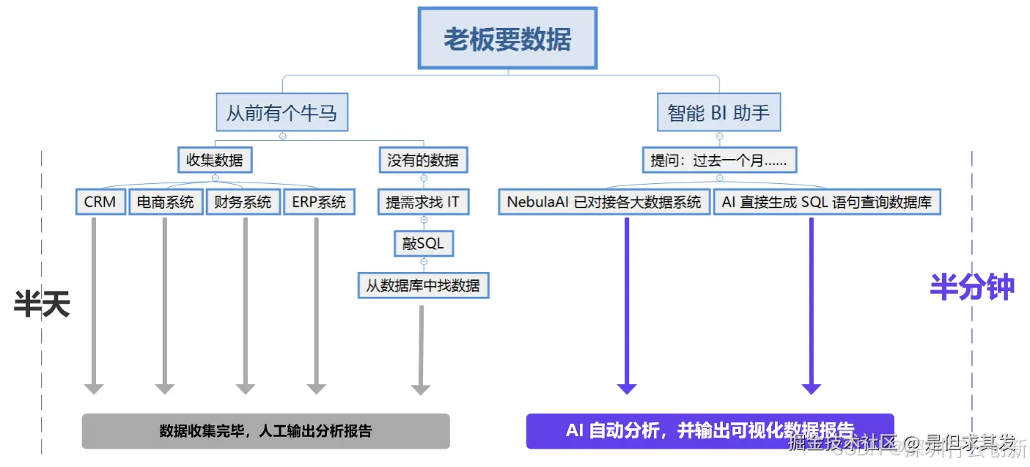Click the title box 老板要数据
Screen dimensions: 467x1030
[x=507, y=38]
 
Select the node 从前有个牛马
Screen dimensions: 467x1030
[x=282, y=114]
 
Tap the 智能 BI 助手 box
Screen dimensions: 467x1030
[x=718, y=114]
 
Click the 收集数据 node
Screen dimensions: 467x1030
[x=215, y=160]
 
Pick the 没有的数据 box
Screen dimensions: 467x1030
[x=423, y=160]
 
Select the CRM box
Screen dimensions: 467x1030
[x=100, y=202]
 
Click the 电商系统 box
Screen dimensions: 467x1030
[x=166, y=202]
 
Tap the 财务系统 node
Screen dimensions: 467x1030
[x=243, y=202]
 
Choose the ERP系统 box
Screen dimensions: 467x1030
[x=319, y=202]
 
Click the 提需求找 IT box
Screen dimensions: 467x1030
[x=423, y=202]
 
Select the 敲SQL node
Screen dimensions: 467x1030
[x=423, y=243]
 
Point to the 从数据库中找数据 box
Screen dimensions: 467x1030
[x=423, y=285]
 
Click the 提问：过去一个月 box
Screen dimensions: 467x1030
[x=719, y=160]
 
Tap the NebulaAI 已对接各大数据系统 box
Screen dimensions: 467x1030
[x=604, y=202]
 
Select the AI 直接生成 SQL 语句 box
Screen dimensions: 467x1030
[x=827, y=202]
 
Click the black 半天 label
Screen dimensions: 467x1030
[x=42, y=303]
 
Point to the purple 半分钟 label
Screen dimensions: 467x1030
[x=972, y=287]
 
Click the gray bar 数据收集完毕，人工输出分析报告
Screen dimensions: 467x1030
[x=265, y=431]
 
